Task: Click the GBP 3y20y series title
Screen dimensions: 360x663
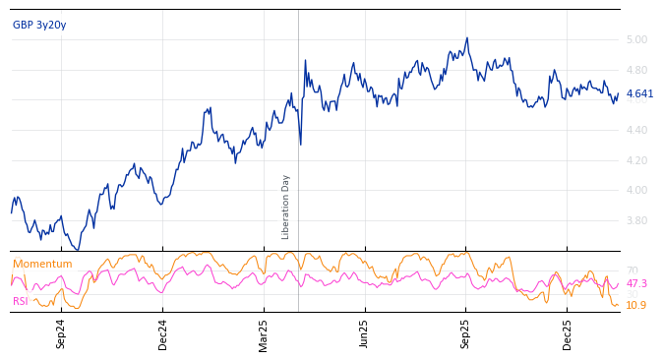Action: point(39,25)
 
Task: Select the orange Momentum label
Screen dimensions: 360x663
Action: point(42,264)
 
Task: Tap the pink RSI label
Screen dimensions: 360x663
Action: point(20,301)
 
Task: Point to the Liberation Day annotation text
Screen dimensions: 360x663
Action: point(286,207)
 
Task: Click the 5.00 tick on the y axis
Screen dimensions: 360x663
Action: point(636,40)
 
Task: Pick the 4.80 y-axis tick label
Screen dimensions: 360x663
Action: point(636,70)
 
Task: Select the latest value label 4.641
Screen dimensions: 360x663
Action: point(639,94)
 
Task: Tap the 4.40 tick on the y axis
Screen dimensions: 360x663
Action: point(636,130)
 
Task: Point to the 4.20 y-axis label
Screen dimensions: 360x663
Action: point(636,160)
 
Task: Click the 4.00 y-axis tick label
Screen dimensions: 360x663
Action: point(636,190)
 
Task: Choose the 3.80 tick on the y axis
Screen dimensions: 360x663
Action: point(636,220)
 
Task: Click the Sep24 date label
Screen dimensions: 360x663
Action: point(61,333)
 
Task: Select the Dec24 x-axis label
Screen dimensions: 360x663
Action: point(163,333)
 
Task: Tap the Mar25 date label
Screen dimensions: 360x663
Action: point(264,333)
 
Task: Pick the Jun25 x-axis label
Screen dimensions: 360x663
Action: point(364,333)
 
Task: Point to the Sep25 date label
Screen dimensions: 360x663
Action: point(465,333)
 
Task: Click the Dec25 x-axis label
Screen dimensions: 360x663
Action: point(567,333)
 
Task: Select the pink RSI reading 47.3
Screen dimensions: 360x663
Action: point(636,283)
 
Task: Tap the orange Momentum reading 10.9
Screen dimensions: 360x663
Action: point(635,305)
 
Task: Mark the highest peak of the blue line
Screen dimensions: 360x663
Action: point(467,38)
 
